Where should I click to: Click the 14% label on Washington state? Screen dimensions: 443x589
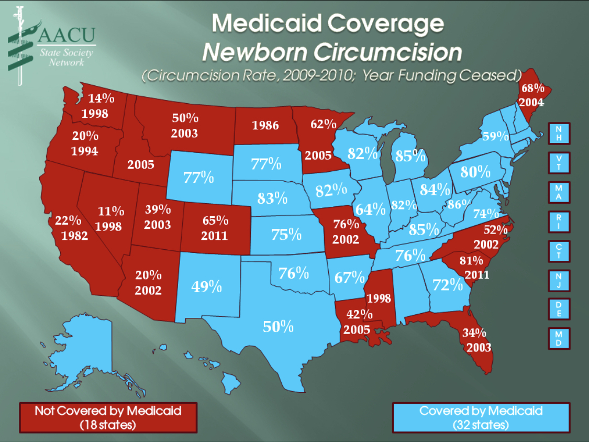pos(98,98)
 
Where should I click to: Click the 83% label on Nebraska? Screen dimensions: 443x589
pos(272,198)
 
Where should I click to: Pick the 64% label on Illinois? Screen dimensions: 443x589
pos(370,209)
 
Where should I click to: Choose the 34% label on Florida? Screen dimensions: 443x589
pos(475,333)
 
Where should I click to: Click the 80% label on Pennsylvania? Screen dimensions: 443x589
pos(475,172)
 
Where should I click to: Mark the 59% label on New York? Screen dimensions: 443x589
pos(495,136)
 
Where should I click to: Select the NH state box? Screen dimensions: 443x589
pos(559,134)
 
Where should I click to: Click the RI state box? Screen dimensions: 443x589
pos(559,222)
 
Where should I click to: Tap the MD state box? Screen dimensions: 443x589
pos(559,338)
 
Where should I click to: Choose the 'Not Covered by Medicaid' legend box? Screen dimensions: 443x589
pos(108,417)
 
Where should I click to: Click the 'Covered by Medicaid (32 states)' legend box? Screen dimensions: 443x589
pos(481,417)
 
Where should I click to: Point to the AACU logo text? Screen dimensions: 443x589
pos(67,37)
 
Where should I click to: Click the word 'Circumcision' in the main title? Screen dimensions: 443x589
pos(390,52)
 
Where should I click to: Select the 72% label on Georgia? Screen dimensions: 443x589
pos(448,285)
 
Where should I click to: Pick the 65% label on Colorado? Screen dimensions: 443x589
pos(215,220)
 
